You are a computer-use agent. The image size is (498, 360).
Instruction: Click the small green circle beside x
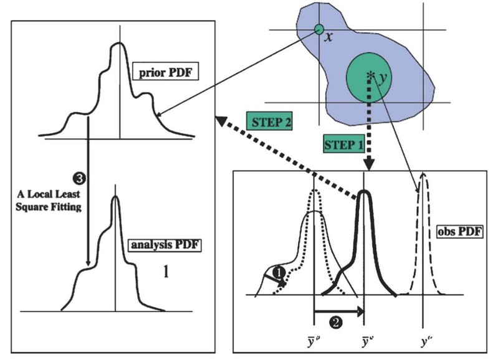[318, 29]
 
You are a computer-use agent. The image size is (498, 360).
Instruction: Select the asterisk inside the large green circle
[371, 75]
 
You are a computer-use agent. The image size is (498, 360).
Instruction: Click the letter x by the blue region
[329, 37]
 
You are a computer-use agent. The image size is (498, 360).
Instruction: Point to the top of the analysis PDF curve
[115, 197]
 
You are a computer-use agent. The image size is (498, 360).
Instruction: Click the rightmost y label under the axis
[424, 342]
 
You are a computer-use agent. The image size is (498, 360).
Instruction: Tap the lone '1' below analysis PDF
[165, 273]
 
